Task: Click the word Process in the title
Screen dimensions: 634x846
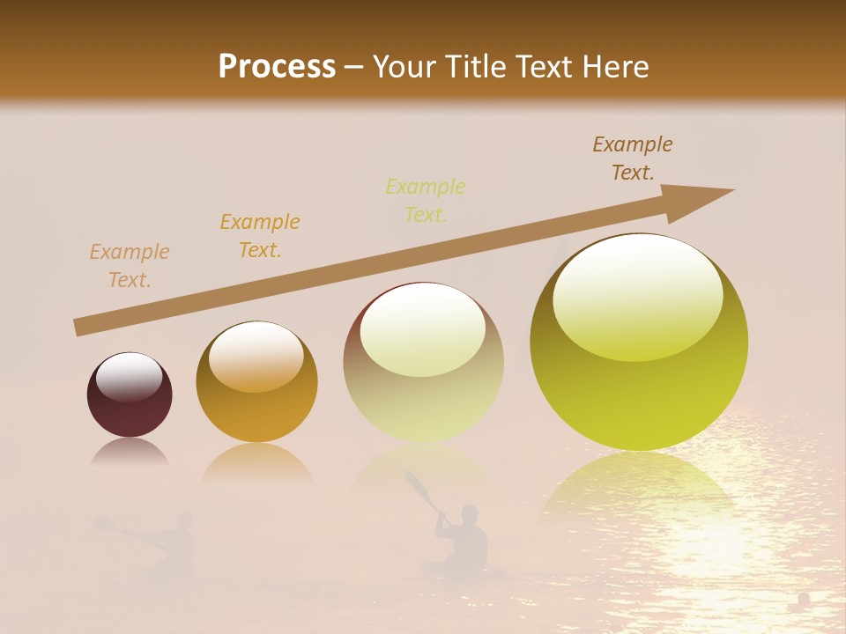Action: click(277, 67)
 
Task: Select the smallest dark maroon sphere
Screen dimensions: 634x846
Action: click(130, 395)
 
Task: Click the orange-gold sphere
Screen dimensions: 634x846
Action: click(256, 382)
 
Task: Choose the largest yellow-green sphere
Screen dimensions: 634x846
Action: click(639, 343)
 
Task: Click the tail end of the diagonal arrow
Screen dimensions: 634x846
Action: click(79, 327)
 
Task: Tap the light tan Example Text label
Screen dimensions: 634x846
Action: click(130, 266)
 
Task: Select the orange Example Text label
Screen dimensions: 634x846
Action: click(260, 236)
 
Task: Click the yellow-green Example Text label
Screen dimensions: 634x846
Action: click(426, 201)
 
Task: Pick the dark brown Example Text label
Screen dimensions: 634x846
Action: click(633, 158)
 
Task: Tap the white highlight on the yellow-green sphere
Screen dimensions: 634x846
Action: click(638, 299)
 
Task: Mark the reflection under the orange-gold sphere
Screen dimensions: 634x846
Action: click(256, 463)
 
